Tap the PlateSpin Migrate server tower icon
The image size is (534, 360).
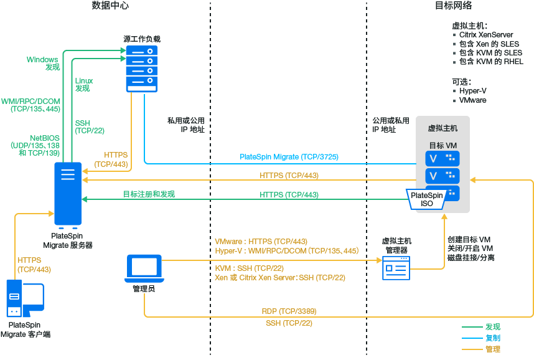[68, 192]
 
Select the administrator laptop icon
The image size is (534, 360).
[144, 268]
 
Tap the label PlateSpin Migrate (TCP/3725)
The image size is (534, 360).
[289, 157]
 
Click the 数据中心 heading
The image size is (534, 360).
[110, 6]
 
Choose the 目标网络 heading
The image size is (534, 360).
[452, 6]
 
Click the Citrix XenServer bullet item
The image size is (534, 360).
[485, 36]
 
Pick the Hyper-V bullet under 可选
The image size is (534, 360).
[473, 91]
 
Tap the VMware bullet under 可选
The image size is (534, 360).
[472, 100]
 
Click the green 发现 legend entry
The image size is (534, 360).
[493, 326]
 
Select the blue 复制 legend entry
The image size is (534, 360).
[493, 338]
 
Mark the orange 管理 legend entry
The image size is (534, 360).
[493, 349]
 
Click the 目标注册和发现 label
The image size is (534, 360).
[149, 194]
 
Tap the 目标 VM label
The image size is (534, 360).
[443, 145]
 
